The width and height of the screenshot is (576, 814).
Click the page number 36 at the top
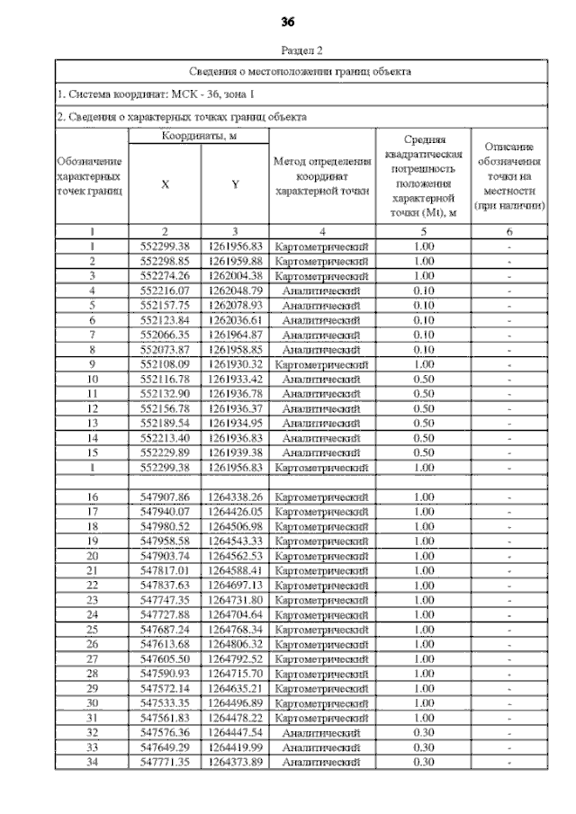click(288, 21)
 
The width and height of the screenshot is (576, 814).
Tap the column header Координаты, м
click(199, 135)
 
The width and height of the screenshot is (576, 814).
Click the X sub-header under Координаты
click(165, 184)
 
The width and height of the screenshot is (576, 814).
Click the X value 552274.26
click(166, 275)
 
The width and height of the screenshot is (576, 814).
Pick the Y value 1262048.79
click(235, 291)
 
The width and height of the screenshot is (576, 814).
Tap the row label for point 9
click(92, 364)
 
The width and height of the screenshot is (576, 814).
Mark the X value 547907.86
click(166, 496)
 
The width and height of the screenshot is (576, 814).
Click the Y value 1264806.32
click(235, 644)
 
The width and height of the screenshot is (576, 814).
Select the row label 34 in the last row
click(92, 762)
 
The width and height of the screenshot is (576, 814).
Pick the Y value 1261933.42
click(235, 379)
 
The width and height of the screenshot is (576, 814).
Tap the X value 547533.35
click(166, 702)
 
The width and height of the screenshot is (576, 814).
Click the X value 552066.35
click(166, 335)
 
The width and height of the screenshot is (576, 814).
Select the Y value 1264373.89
click(235, 762)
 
